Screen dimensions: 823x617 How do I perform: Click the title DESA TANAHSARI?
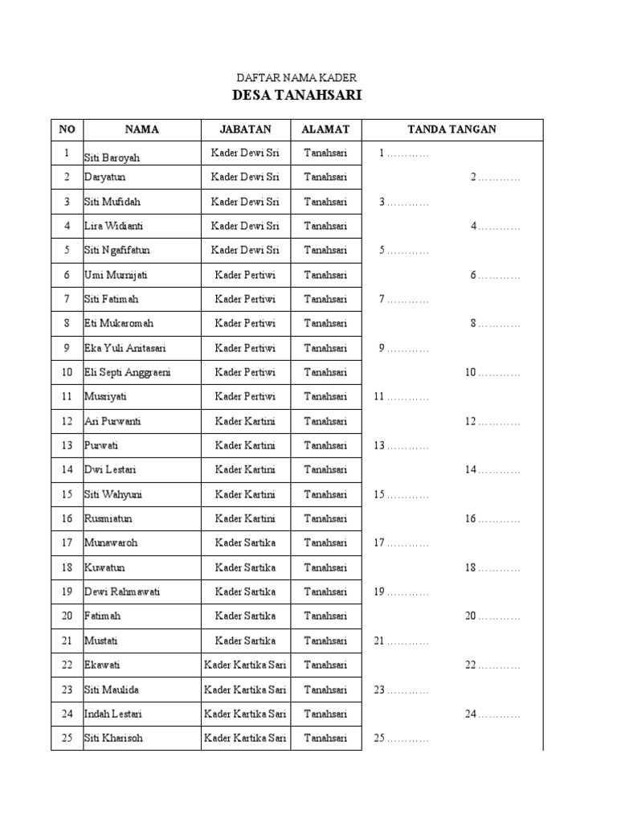click(296, 96)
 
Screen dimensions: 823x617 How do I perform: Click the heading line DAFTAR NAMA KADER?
click(296, 77)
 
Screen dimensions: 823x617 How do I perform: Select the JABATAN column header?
click(245, 129)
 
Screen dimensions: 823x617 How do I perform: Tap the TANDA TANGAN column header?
click(452, 129)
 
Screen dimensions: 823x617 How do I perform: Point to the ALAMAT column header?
click(325, 129)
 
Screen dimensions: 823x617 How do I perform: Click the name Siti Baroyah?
click(112, 157)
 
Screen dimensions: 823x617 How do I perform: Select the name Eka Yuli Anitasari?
click(125, 348)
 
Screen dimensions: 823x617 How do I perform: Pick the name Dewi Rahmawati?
click(122, 592)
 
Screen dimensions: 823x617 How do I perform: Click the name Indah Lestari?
click(114, 714)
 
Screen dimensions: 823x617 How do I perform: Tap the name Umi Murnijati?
click(116, 275)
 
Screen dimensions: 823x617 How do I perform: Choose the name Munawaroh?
click(111, 543)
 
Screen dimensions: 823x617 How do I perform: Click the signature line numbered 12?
click(492, 421)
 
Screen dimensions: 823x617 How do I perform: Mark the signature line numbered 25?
click(401, 738)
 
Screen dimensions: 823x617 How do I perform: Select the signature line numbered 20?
click(492, 616)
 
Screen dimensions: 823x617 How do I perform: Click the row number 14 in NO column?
click(67, 469)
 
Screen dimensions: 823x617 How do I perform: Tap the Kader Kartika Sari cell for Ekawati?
click(245, 665)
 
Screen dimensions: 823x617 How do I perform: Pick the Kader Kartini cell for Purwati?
click(245, 445)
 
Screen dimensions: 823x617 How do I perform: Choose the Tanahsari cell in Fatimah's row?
click(325, 616)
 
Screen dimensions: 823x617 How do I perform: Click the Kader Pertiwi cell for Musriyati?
click(245, 396)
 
